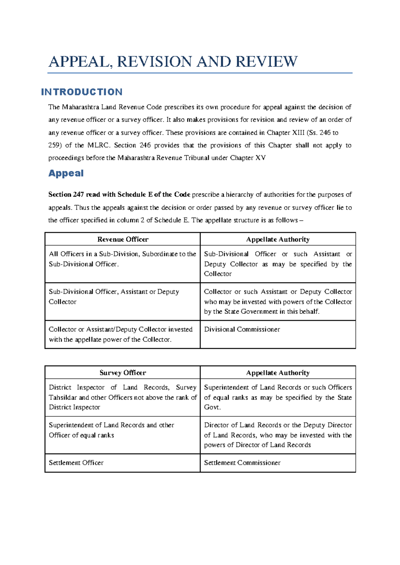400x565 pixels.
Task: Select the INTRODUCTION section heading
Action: (x=82, y=92)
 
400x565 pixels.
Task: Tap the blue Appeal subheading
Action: (x=66, y=173)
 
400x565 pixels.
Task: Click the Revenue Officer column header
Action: (x=123, y=239)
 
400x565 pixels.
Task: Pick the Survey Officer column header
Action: (x=123, y=372)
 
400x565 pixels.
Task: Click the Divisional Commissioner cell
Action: (x=242, y=329)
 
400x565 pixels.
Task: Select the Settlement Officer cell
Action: (x=76, y=463)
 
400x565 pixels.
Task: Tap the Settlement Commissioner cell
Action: (x=242, y=463)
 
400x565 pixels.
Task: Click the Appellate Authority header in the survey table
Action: (x=278, y=372)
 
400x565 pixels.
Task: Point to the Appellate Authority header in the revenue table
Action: (x=278, y=239)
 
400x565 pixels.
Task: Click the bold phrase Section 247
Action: (x=66, y=195)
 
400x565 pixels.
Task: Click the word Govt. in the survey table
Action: (x=212, y=407)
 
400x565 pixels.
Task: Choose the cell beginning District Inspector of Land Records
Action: (x=123, y=397)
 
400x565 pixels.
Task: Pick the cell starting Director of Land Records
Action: (x=278, y=435)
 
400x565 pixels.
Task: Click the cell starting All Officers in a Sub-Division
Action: (x=122, y=259)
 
